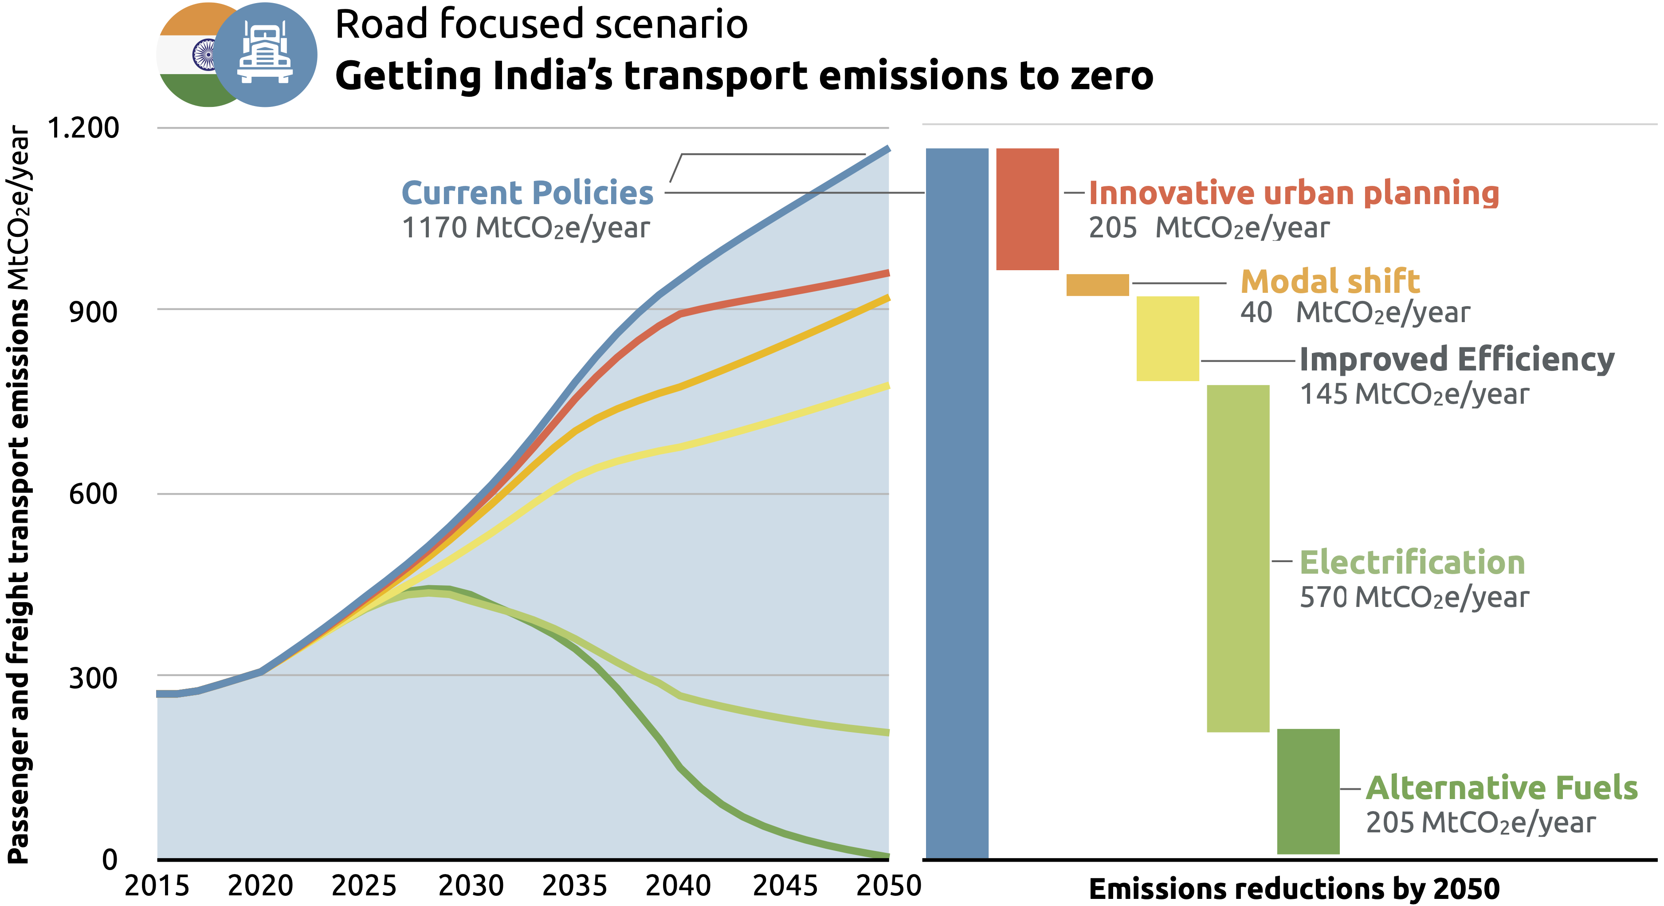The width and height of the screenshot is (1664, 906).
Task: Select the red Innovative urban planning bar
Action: (x=1027, y=209)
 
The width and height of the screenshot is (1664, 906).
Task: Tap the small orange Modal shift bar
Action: (x=1097, y=285)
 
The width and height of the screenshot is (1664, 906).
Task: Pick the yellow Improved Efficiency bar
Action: (x=1167, y=338)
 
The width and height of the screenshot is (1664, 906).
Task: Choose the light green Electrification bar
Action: (x=1238, y=558)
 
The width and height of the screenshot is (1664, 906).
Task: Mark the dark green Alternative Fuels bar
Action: (x=1308, y=791)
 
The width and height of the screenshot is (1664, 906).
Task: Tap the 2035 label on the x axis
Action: (x=574, y=885)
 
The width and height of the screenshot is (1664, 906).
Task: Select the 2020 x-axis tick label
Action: (x=260, y=885)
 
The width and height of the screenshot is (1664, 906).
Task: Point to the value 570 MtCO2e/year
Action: (x=1414, y=597)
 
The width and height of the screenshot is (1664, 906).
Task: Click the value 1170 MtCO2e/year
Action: (x=525, y=228)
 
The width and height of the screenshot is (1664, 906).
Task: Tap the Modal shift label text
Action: (x=1330, y=281)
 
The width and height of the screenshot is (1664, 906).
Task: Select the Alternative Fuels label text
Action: (x=1501, y=788)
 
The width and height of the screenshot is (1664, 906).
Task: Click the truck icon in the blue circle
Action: (x=265, y=54)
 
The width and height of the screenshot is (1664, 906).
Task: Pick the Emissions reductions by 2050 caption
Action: (x=1294, y=889)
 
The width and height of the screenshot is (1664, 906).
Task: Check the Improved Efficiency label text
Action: (x=1456, y=359)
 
